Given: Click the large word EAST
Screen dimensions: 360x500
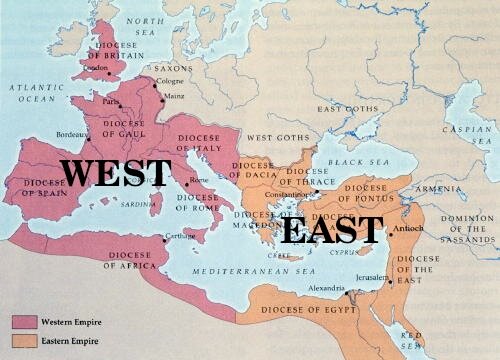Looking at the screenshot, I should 332,230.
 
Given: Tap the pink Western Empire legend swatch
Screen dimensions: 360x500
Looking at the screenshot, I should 25,321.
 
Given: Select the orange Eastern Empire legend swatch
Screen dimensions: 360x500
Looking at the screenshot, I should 25,341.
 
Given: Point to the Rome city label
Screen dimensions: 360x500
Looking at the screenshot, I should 198,180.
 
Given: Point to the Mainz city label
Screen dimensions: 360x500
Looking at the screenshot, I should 176,97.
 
